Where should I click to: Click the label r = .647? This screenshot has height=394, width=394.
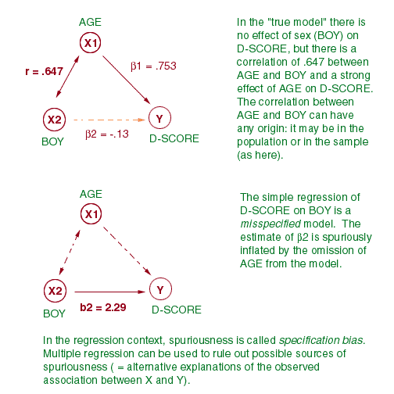(44, 71)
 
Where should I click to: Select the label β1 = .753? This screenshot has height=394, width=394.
(153, 66)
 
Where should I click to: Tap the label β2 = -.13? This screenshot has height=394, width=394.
(107, 134)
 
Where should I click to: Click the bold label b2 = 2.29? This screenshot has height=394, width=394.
(103, 307)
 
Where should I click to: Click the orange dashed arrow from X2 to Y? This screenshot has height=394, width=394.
(109, 120)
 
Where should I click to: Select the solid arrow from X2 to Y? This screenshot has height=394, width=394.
(109, 292)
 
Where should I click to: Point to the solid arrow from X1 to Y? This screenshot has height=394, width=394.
(127, 80)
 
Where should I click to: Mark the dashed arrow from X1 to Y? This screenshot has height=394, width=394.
(127, 251)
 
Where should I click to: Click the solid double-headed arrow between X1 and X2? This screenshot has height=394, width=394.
(67, 77)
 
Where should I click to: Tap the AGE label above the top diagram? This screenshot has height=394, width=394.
(90, 22)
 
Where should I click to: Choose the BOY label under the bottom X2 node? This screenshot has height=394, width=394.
(54, 313)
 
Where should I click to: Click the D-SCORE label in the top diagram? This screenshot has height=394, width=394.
(174, 138)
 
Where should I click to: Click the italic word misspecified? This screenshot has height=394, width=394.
(270, 224)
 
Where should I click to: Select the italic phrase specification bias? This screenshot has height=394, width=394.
(322, 341)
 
